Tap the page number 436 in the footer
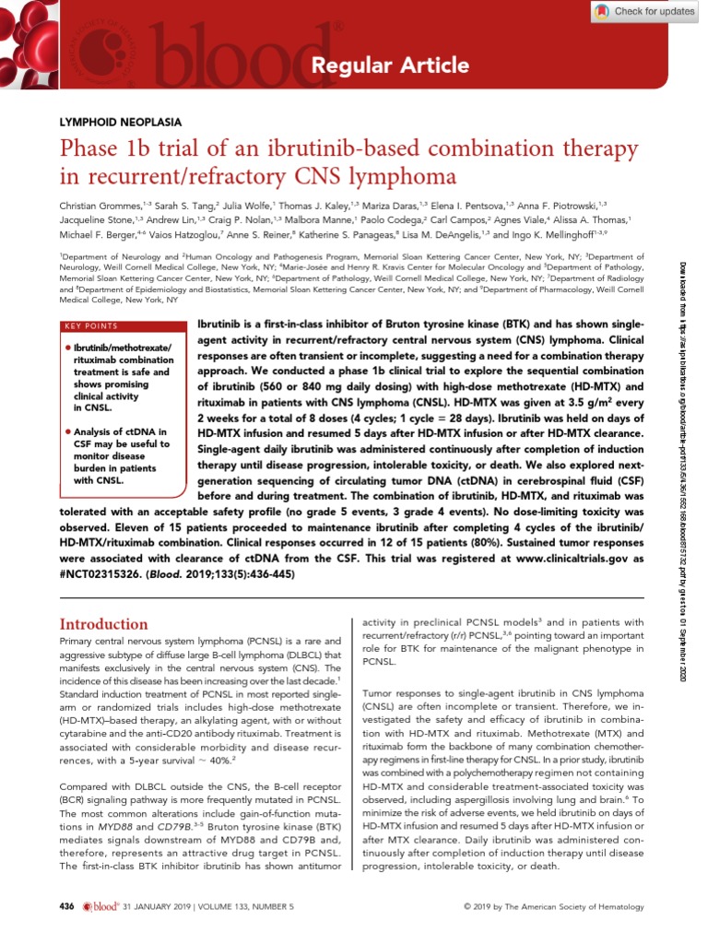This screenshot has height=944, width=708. coord(66,907)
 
